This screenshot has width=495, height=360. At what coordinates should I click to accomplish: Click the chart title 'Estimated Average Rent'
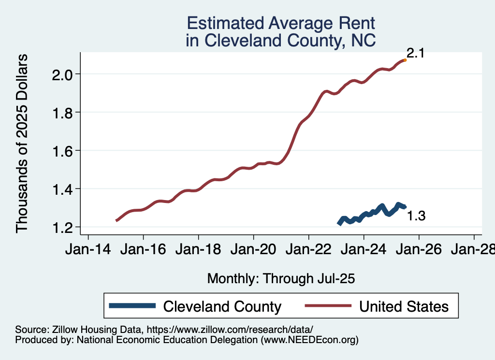coord(281,23)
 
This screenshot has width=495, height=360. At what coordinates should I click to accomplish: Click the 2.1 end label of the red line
coord(415,53)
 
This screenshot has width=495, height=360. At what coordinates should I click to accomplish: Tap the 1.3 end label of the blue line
coord(416,216)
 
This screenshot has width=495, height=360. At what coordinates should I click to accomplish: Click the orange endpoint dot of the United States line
coord(405,60)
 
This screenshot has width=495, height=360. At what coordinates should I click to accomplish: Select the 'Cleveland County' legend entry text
coord(222,306)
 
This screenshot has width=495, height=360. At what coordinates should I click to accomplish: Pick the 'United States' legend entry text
coord(404,306)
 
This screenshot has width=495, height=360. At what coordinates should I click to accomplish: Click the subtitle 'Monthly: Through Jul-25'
coord(281,278)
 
